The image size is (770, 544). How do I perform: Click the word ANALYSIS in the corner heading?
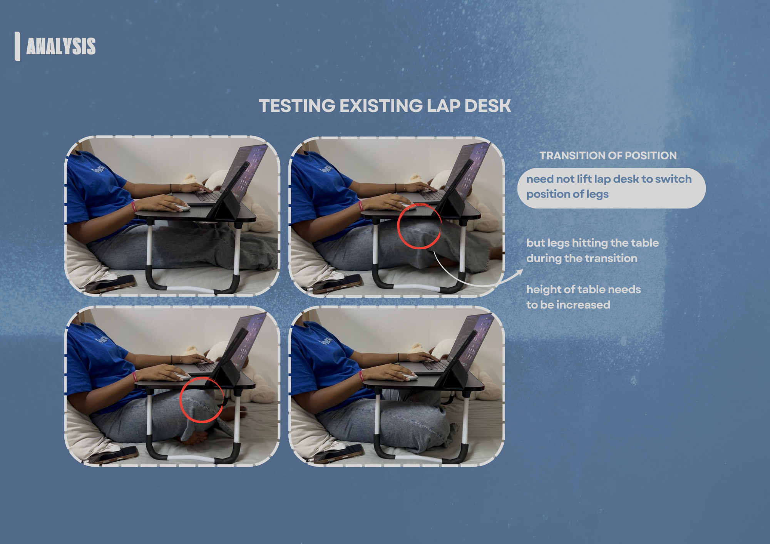[x=61, y=46]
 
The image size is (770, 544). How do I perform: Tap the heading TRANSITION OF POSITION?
[x=608, y=155]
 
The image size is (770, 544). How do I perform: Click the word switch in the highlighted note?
[x=673, y=179]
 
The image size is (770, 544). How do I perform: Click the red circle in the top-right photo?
[x=419, y=227]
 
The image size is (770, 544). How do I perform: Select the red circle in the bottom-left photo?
[x=201, y=400]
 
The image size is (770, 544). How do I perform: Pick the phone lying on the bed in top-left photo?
[x=112, y=284]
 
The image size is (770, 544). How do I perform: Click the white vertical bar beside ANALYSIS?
[x=17, y=46]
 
